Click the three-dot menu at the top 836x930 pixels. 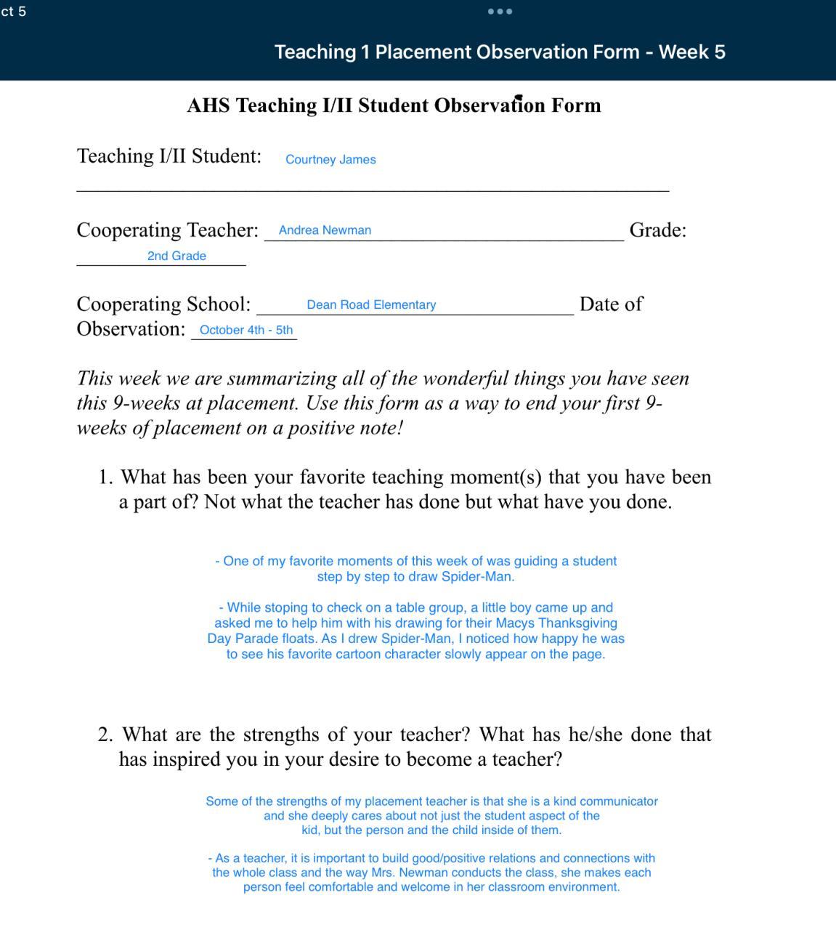(500, 12)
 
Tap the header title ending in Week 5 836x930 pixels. (500, 52)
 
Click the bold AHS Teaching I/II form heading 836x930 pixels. (394, 105)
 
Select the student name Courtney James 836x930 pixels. (330, 160)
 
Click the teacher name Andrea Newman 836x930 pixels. (325, 230)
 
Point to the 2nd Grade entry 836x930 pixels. (176, 256)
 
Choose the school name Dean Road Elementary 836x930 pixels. (371, 305)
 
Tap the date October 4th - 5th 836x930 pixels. (245, 330)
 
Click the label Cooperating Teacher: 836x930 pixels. (167, 230)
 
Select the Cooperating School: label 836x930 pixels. (163, 304)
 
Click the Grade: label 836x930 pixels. (657, 230)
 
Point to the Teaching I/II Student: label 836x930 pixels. (169, 156)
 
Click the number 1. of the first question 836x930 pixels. (106, 477)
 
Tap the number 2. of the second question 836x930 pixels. (106, 735)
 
